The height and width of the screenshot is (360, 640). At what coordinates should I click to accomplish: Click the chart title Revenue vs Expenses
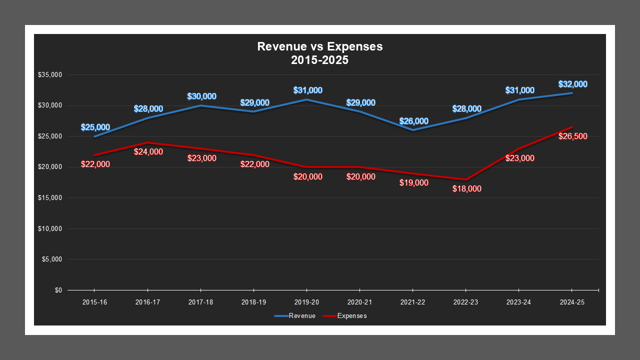pos(320,46)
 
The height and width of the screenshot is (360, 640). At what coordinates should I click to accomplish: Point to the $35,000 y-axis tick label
pos(49,75)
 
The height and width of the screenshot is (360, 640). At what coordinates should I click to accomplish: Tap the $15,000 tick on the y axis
pos(49,198)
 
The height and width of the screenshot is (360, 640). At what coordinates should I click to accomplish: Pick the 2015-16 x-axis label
pos(94,302)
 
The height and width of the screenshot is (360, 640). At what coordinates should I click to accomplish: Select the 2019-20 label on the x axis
pos(306,302)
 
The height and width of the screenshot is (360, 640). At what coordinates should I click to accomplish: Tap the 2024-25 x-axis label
pos(571,302)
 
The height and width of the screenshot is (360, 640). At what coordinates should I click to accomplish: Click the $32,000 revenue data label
pos(572,84)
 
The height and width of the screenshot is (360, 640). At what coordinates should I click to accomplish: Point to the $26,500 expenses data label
pos(572,136)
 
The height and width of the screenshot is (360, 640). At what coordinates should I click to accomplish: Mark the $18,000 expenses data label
pos(466,189)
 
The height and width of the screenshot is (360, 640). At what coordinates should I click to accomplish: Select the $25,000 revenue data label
pos(95,127)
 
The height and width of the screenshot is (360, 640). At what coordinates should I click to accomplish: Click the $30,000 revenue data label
pos(201,96)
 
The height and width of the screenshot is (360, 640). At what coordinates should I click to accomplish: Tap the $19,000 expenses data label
pos(413,183)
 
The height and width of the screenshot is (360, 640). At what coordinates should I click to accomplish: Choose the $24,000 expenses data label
pos(148,152)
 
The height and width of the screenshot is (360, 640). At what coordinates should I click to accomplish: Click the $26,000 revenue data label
pos(413,121)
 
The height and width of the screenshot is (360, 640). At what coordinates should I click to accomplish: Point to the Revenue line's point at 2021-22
pos(412,130)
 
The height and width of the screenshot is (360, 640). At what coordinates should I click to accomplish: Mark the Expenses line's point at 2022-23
pos(465,179)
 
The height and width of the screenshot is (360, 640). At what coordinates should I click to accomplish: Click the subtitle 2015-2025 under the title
pos(320,60)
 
